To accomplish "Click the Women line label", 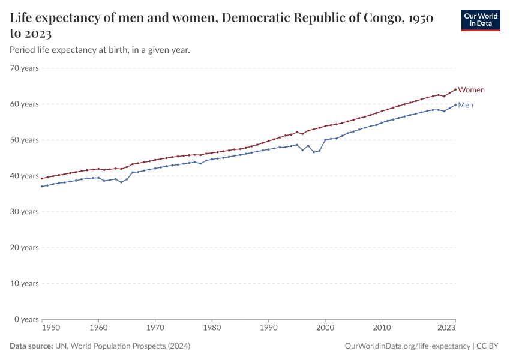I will (x=471, y=90).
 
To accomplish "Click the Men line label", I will (x=466, y=106).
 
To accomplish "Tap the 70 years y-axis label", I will (x=25, y=68).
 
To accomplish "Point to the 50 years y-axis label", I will (x=25, y=140).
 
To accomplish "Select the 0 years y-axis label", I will (x=27, y=319).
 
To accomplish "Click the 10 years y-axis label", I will (x=25, y=283).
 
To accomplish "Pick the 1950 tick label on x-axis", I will (x=51, y=328).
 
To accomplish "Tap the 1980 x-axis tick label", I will (x=211, y=328).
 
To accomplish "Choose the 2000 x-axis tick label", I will (x=325, y=328).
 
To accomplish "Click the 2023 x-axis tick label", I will (x=446, y=328).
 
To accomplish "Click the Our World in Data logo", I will (x=481, y=20).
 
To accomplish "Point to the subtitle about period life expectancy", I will (x=100, y=50).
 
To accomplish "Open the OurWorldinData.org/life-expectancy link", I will (x=408, y=346).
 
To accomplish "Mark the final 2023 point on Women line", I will (x=455, y=89).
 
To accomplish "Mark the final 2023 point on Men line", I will (x=455, y=104).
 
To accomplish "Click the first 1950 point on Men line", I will (x=42, y=186).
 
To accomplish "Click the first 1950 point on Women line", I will (x=42, y=178).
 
